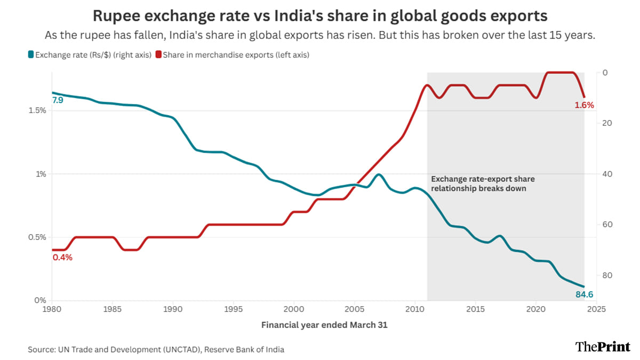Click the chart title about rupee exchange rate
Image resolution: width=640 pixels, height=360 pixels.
320,16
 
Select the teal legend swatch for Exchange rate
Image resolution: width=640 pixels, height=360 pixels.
31,54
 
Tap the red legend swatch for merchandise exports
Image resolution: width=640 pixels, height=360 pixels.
158,54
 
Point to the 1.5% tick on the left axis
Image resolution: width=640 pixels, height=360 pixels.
37,110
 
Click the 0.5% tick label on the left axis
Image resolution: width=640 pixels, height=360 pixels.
37,237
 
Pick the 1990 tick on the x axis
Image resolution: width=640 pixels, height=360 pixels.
172,309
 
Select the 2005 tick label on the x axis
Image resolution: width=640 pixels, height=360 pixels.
354,309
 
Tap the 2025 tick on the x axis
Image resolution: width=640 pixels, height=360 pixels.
596,309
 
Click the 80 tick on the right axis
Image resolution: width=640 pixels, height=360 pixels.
606,275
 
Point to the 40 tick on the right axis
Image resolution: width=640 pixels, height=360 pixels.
606,174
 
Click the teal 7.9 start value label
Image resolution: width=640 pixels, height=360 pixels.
58,100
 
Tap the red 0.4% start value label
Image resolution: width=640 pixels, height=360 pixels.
62,258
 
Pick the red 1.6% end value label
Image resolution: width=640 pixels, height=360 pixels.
584,105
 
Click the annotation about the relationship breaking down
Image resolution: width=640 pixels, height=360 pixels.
483,183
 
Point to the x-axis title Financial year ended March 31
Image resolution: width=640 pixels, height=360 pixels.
324,324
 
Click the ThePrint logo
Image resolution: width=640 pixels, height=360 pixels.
603,347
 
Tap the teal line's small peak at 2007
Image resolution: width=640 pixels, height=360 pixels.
378,174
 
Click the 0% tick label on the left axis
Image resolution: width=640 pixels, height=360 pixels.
41,301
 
